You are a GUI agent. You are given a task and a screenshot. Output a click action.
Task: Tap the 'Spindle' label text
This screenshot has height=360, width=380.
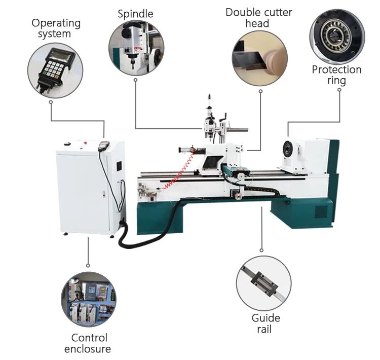pyautogui.click(x=135, y=13)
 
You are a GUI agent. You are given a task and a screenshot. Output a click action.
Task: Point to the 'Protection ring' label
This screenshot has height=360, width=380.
pyautogui.click(x=336, y=75)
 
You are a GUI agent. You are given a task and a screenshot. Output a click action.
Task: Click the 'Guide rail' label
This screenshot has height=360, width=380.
pyautogui.click(x=265, y=323)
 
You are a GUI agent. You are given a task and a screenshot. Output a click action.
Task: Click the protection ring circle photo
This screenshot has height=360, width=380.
pyautogui.click(x=337, y=34)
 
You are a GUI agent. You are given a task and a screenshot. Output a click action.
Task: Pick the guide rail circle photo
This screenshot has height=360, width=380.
pyautogui.click(x=263, y=283)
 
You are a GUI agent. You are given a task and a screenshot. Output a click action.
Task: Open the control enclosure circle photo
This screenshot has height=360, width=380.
pyautogui.click(x=89, y=299)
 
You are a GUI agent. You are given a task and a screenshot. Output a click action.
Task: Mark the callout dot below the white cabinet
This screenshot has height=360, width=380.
pyautogui.click(x=88, y=265)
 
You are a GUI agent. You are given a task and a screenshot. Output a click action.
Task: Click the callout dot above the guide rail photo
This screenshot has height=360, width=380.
pyautogui.click(x=261, y=249)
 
